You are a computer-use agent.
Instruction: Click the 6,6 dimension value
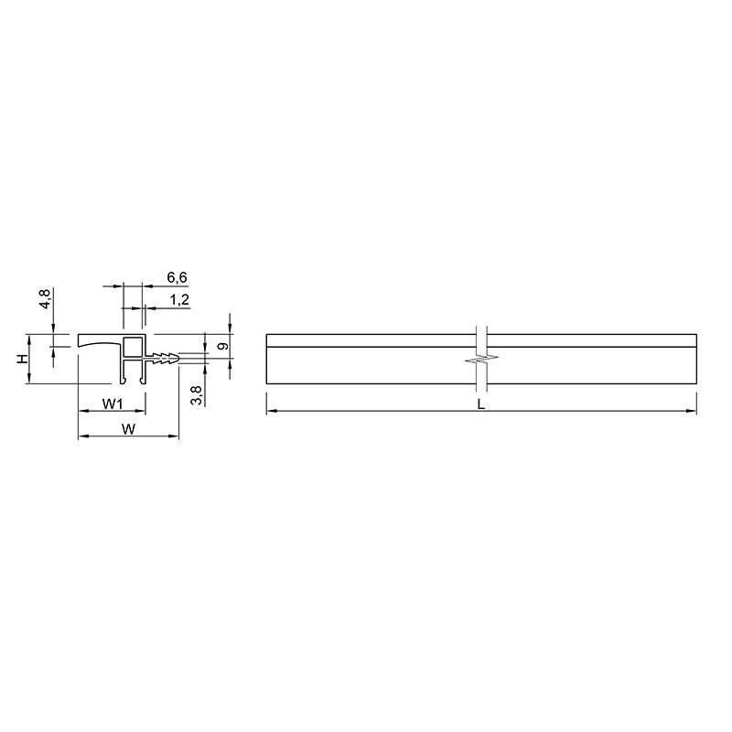pyautogui.click(x=177, y=278)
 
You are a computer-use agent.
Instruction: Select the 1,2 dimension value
pyautogui.click(x=179, y=300)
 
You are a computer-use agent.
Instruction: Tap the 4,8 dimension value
pyautogui.click(x=45, y=298)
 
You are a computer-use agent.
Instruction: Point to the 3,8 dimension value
pyautogui.click(x=197, y=395)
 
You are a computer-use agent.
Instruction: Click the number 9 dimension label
pyautogui.click(x=223, y=347)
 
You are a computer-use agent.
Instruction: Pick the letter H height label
pyautogui.click(x=22, y=359)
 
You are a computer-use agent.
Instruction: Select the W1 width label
pyautogui.click(x=113, y=404)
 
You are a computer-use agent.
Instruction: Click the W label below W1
pyautogui.click(x=128, y=429)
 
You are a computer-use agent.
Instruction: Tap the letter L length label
pyautogui.click(x=481, y=404)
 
